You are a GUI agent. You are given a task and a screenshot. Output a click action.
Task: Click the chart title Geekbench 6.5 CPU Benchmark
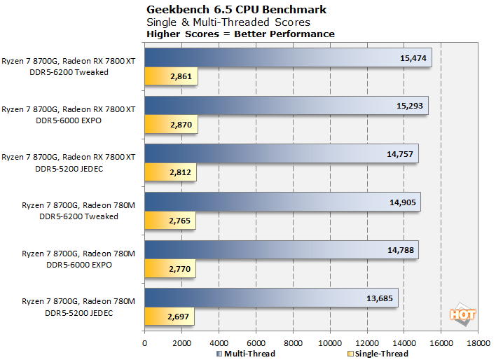[235, 10]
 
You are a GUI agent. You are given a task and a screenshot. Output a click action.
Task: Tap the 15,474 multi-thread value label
[413, 57]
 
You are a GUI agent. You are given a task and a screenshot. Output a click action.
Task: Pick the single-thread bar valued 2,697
[169, 317]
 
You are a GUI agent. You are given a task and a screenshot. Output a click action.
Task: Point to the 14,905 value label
[401, 202]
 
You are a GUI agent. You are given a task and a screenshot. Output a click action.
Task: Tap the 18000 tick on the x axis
[478, 343]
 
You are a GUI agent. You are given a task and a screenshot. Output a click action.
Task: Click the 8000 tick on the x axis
[293, 343]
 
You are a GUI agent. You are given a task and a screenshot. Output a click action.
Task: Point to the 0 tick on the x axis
[144, 343]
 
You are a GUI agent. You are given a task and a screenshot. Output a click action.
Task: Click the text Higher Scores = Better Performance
[240, 34]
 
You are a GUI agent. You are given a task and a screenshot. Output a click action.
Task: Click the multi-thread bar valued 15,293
[286, 105]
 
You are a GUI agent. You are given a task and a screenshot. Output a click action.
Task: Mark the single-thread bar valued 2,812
[170, 173]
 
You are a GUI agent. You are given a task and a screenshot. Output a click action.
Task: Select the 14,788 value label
[400, 250]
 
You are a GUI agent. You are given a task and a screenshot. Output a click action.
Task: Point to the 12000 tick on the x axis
[367, 343]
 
